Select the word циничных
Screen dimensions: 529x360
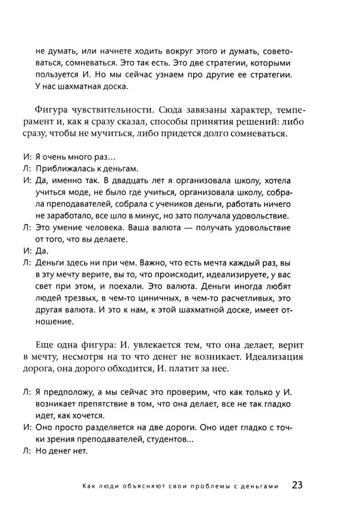coord(157,298)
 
